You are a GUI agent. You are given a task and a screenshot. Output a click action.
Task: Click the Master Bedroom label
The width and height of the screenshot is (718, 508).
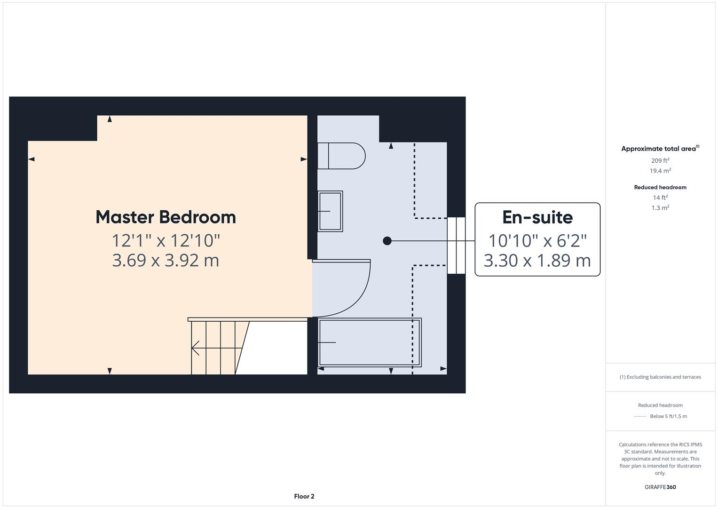pos(166,217)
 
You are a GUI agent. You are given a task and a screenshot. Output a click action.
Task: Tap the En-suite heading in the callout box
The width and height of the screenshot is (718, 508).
pos(537,217)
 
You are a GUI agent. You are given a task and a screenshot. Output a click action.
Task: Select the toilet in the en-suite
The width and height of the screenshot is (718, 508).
pos(341,156)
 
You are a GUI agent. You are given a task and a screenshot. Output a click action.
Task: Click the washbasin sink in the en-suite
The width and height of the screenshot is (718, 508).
pos(330,211)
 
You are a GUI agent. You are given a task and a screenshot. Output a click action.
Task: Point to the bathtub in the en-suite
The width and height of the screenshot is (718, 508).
pos(370,342)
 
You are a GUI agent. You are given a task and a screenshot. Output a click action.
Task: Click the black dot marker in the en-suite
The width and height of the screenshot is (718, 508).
pos(387,241)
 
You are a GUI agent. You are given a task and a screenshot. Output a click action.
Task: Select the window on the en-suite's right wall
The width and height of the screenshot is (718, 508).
pos(456,245)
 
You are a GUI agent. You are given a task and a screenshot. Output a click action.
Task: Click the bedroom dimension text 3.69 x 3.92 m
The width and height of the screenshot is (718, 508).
pos(166,260)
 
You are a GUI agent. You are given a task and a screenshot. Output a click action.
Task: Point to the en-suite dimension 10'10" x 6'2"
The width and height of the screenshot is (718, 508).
pos(537,241)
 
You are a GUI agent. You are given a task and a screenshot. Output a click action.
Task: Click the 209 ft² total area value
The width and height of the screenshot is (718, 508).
pos(660,160)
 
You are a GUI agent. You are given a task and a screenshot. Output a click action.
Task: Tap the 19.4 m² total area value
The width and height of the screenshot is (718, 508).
pos(660,171)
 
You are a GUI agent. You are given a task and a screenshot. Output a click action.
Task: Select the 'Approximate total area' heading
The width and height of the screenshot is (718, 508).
pos(659,149)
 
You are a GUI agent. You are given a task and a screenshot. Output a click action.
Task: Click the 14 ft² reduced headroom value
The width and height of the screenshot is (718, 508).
pos(660,198)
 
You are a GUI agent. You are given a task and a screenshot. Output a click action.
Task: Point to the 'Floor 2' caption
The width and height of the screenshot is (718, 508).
pos(304,496)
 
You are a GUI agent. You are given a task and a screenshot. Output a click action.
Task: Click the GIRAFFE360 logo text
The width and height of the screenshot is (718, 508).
pos(660,487)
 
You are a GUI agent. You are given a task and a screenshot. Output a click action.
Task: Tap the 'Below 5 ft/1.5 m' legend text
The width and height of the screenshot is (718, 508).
pos(668,416)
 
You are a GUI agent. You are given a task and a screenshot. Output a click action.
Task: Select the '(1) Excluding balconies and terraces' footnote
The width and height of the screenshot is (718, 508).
pos(660,377)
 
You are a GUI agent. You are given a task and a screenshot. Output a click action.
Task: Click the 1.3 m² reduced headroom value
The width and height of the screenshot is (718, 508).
pos(660,208)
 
